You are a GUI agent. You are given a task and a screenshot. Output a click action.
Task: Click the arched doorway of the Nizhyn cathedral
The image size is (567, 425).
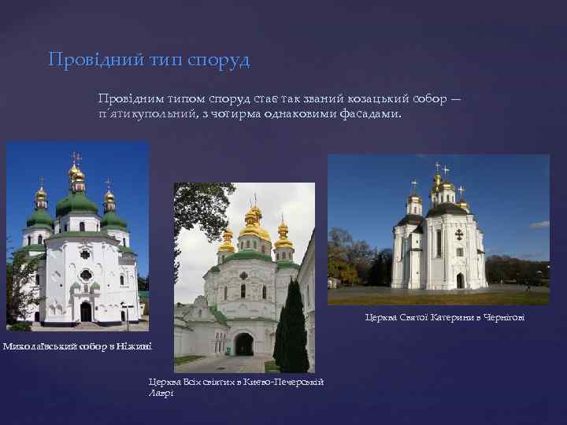pos(85,312)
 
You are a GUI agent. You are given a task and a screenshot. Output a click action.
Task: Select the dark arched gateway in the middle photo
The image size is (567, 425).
pos(243,344)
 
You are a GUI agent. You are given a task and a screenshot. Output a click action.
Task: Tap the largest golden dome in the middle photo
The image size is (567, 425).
pos(254,227)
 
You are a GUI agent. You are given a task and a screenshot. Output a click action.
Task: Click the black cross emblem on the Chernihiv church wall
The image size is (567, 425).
pos(459,235)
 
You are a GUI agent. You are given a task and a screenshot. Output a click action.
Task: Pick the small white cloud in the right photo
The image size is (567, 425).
pos(539,224)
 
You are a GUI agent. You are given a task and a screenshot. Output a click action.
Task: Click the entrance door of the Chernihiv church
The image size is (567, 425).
pos(460,281)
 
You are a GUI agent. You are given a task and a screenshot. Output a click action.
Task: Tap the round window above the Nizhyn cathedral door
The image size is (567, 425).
pos(85,275)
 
